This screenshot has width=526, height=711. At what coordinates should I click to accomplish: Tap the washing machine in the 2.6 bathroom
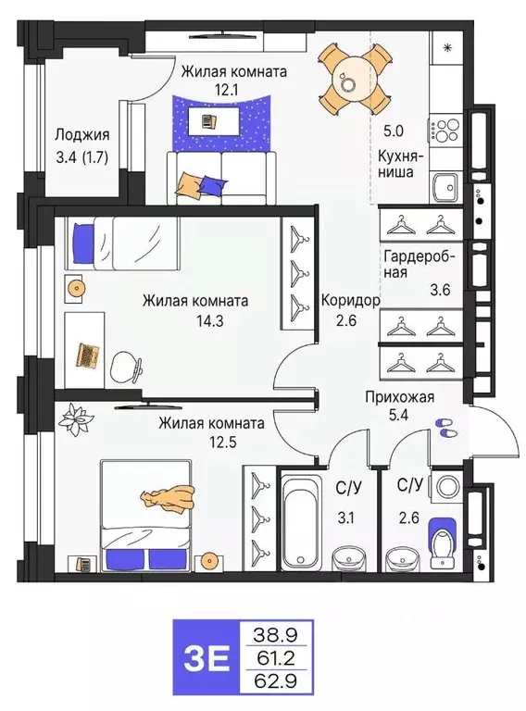444,487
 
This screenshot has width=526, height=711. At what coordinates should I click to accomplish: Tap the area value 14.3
194,320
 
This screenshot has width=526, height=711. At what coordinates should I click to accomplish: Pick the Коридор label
349,301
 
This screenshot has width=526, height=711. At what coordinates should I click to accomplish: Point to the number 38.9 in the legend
276,634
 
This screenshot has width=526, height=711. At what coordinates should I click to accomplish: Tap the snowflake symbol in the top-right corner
447,46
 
